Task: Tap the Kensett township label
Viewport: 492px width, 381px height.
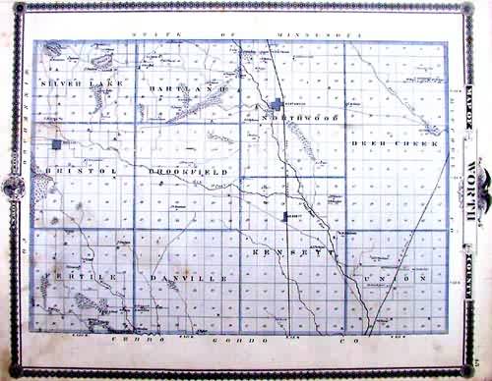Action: pyautogui.click(x=285, y=252)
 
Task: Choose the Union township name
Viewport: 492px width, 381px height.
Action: pyautogui.click(x=393, y=278)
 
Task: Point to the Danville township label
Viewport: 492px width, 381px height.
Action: pyautogui.click(x=190, y=278)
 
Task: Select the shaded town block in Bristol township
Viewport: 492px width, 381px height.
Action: pyautogui.click(x=57, y=144)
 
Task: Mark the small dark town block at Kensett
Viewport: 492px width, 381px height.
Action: pyautogui.click(x=286, y=214)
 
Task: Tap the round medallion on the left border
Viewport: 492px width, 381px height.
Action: pyautogui.click(x=14, y=184)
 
